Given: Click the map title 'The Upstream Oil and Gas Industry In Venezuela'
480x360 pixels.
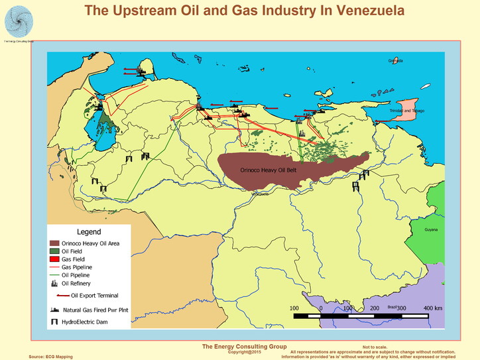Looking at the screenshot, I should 245,11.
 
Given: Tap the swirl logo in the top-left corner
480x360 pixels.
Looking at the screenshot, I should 18,20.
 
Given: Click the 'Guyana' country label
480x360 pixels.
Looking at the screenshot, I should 432,229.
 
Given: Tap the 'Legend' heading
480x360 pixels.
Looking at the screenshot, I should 89,233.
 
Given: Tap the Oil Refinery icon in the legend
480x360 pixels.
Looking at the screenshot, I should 55,283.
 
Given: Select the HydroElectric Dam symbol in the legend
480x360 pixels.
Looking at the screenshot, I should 55,322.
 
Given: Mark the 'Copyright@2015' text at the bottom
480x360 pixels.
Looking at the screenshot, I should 245,351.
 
